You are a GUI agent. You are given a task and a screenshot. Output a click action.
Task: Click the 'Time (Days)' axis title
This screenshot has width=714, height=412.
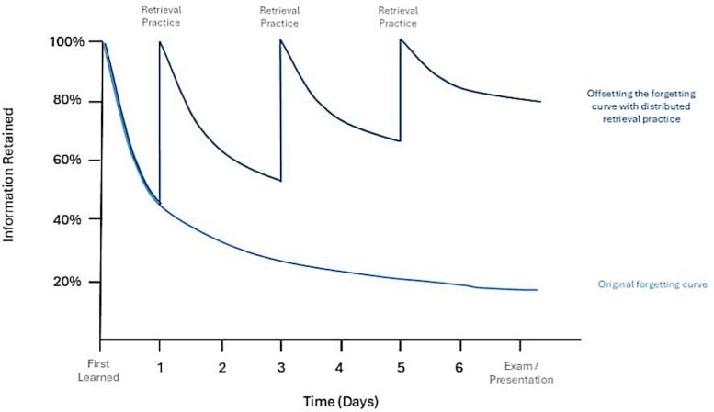[x=341, y=402]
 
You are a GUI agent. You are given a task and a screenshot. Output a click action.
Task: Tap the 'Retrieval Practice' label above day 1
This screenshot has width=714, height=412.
[x=160, y=16]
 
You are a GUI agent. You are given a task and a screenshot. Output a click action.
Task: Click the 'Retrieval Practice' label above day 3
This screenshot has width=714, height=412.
[x=280, y=16]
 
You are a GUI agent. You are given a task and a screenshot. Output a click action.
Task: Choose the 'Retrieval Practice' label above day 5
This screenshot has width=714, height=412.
[x=400, y=16]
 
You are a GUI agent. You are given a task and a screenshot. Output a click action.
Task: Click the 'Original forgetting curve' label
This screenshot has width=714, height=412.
[x=652, y=285]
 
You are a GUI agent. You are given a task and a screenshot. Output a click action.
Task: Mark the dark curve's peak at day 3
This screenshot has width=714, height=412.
[x=280, y=39]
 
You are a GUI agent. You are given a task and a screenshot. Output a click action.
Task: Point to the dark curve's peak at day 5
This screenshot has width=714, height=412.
[x=401, y=39]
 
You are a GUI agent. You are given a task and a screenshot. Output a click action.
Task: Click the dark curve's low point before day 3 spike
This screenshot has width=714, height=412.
[x=278, y=181]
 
